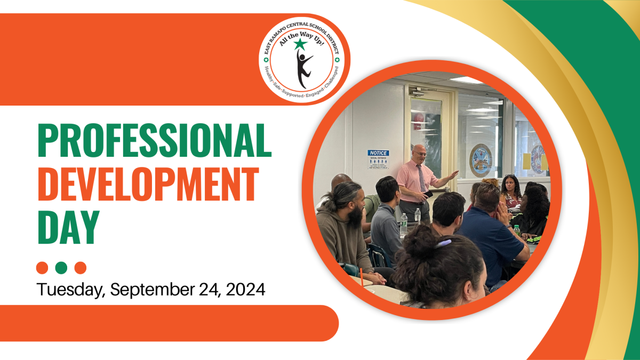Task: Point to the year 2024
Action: (x=245, y=290)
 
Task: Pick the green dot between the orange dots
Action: (x=61, y=267)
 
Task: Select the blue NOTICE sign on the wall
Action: (x=378, y=153)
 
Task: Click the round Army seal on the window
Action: (x=480, y=161)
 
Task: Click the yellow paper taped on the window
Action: (x=526, y=161)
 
